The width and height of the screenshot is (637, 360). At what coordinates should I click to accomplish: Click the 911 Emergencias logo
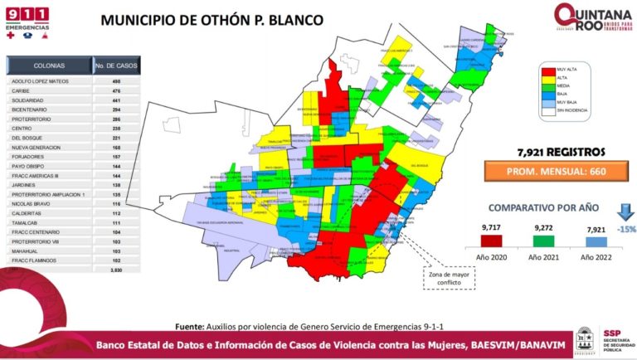[27, 21]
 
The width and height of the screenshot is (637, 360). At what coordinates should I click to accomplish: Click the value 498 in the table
[116, 81]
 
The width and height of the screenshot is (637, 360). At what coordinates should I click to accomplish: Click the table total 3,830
[116, 270]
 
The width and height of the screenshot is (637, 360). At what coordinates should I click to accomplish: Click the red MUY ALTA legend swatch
[548, 69]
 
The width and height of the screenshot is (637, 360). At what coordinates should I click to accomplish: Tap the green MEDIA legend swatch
[548, 85]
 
